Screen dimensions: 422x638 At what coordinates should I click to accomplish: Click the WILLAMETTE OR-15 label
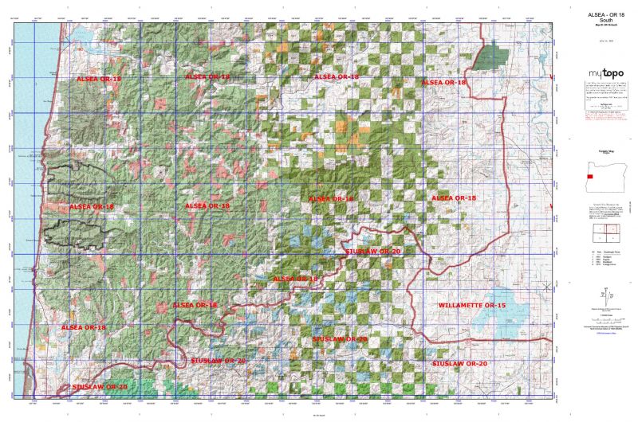tap(472, 306)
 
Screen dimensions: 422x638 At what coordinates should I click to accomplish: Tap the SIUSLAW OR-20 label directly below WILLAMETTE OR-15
tap(459, 363)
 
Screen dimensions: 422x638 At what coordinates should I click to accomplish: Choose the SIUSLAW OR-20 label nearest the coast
tap(100, 386)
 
